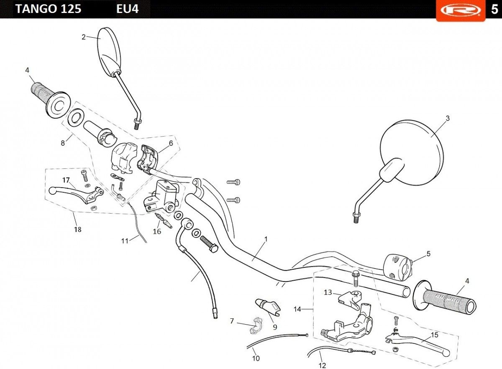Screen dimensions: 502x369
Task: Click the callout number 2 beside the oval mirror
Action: point(84,37)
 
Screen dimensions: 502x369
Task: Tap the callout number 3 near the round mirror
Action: point(448,119)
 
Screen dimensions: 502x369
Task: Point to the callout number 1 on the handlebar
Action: point(266,239)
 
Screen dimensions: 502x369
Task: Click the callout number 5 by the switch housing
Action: point(428,253)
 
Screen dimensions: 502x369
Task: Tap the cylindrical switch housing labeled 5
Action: point(398,266)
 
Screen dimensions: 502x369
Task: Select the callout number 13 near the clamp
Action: point(328,292)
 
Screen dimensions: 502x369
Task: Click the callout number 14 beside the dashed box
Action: point(297,309)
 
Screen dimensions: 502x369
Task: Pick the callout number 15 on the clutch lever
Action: point(435,335)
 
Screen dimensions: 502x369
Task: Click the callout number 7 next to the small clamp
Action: point(232,321)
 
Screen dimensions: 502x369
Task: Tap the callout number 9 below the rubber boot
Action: point(275,327)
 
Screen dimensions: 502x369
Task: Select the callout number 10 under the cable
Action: point(256,358)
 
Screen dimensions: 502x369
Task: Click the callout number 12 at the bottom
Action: point(322,365)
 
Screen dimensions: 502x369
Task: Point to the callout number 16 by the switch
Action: point(157,231)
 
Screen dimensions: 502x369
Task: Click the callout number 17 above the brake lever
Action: point(66,180)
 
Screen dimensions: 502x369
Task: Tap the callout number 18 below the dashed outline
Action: point(78,230)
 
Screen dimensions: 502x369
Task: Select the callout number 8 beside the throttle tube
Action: point(63,143)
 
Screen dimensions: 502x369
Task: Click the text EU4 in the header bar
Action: point(127,9)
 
